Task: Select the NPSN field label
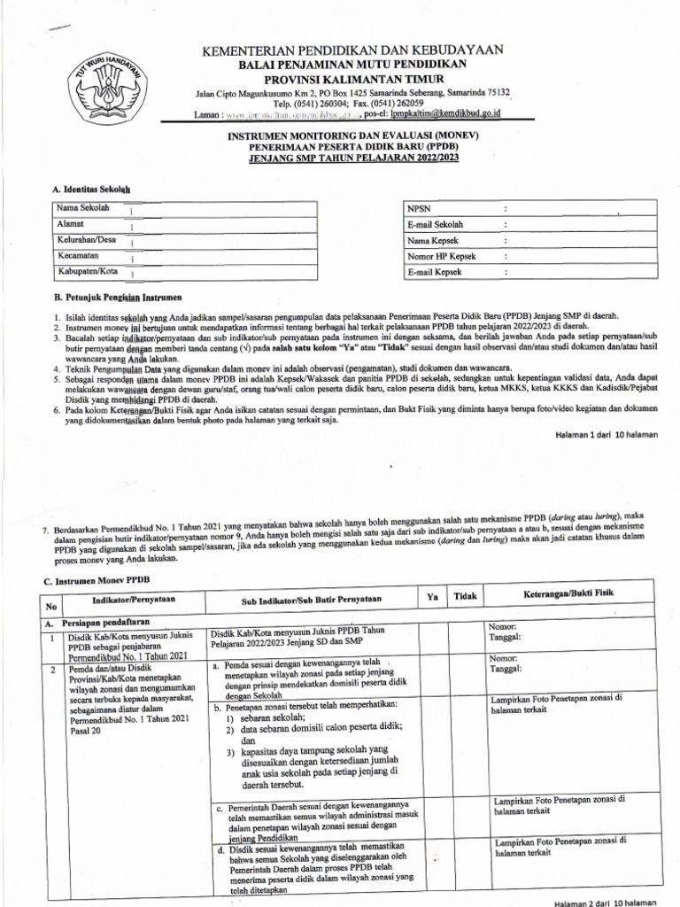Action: click(x=417, y=208)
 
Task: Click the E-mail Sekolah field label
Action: click(x=435, y=224)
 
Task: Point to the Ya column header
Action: click(x=433, y=597)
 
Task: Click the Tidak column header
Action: click(x=466, y=597)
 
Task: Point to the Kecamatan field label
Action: click(x=76, y=255)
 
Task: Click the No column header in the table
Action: click(x=51, y=607)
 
